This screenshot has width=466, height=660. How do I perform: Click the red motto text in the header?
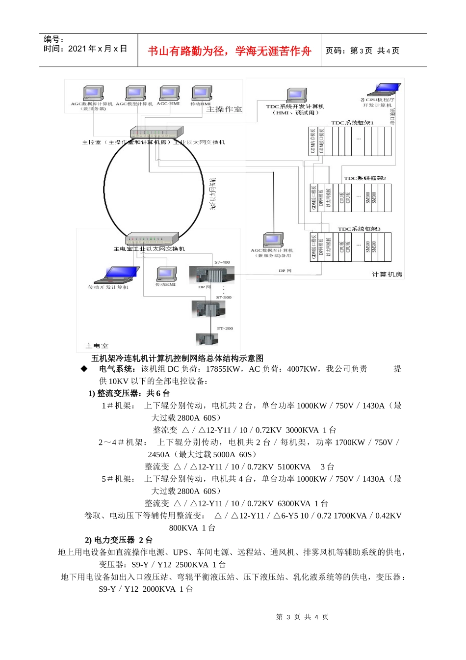click(230, 51)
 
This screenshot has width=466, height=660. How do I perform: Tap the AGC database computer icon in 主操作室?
click(93, 93)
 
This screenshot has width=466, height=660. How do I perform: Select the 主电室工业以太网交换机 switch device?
click(152, 239)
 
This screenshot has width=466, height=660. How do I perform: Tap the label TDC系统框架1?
click(352, 123)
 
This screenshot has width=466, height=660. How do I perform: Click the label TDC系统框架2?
click(365, 178)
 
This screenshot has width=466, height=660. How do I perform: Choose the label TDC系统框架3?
click(359, 229)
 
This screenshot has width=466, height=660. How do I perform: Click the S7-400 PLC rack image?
click(215, 274)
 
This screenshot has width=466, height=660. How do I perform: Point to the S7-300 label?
click(224, 298)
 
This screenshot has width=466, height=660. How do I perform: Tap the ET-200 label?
click(225, 328)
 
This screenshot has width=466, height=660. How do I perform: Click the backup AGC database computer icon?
click(273, 240)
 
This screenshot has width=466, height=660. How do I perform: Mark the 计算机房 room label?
click(387, 275)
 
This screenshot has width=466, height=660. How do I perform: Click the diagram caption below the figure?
click(178, 358)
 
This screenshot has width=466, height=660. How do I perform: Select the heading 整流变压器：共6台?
click(129, 393)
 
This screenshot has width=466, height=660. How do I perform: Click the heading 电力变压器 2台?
click(119, 540)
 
